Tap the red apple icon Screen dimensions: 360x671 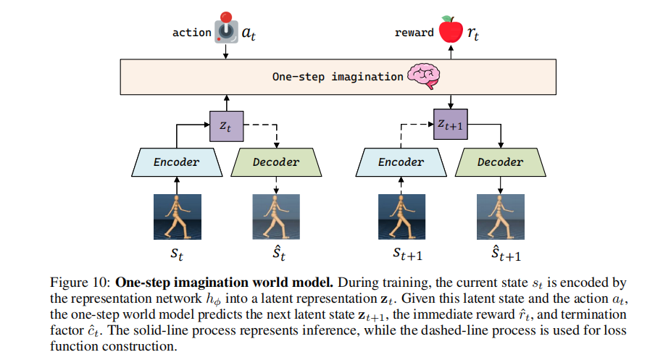pyautogui.click(x=451, y=29)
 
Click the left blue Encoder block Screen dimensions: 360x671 pyautogui.click(x=175, y=162)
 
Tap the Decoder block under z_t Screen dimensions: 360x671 pyautogui.click(x=275, y=162)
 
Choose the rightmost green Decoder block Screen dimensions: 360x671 pyautogui.click(x=500, y=162)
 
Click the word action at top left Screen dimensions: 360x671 pyautogui.click(x=191, y=33)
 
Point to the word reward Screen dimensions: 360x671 pyautogui.click(x=414, y=33)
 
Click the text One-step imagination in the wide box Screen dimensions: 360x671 pyautogui.click(x=337, y=76)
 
